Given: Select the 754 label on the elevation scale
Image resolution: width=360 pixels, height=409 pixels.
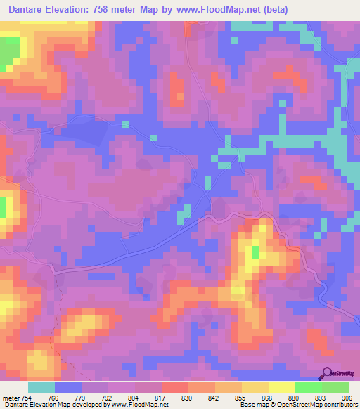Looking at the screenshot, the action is tap(27, 397).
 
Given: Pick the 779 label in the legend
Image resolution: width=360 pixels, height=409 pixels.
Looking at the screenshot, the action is tap(82, 397).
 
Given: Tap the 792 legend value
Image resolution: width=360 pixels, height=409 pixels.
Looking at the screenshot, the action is tap(108, 397).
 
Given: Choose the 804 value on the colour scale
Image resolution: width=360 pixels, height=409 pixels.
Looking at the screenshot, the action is tap(135, 397).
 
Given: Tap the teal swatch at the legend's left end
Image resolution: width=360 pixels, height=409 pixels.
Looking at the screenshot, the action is tap(41, 387).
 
